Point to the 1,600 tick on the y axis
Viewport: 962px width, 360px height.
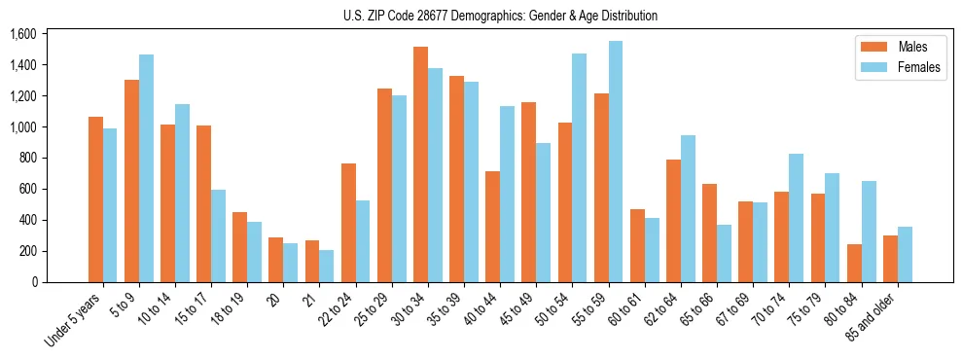(x=22, y=34)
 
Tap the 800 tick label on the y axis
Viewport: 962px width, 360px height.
(x=26, y=158)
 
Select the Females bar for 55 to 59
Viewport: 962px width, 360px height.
(x=616, y=162)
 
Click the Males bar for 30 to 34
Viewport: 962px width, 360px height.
(x=420, y=164)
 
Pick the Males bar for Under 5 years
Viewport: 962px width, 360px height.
(x=95, y=199)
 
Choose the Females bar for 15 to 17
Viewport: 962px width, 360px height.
(x=218, y=235)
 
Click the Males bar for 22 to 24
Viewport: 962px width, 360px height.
(x=348, y=223)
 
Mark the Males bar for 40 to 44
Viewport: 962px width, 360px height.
(x=492, y=227)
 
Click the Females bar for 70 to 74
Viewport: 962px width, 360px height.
(x=796, y=218)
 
